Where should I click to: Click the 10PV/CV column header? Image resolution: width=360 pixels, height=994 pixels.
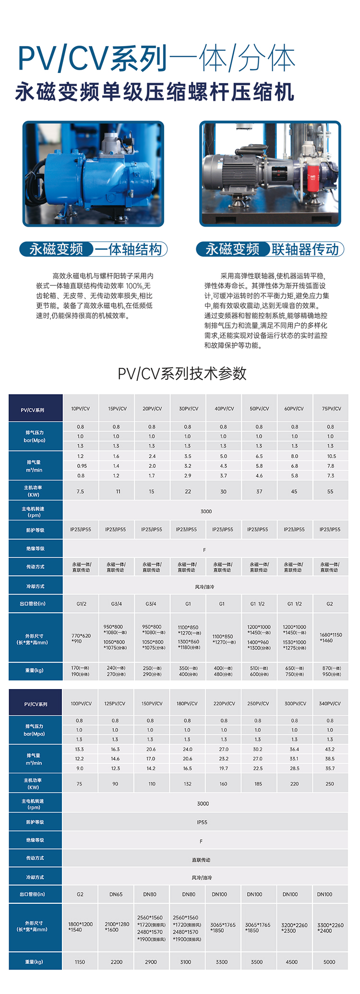80,409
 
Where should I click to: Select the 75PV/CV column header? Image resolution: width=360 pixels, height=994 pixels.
331,409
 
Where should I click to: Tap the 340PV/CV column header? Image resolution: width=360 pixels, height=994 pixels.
330,703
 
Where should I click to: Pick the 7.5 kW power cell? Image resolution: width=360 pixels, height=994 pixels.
80,491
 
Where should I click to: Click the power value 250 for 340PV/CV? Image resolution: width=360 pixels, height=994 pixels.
330,784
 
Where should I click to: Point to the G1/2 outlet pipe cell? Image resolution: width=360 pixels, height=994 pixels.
81,604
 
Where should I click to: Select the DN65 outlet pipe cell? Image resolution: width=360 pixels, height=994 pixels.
116,894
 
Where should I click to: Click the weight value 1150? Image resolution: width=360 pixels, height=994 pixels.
80,962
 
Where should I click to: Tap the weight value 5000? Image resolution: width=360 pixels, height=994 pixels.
329,962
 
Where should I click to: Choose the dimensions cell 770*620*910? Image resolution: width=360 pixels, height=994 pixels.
81,638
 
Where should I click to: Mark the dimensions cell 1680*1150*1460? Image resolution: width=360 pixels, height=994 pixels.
331,638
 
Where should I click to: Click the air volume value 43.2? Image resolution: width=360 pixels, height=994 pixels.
330,749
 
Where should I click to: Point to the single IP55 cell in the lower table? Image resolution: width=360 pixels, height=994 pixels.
202,822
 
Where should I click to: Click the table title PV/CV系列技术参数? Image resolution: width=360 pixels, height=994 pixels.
182,373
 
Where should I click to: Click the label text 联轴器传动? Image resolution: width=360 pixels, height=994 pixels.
305,249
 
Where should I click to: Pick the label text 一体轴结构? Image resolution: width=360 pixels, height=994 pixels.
128,249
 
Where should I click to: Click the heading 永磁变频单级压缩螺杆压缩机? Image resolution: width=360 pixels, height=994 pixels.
155,92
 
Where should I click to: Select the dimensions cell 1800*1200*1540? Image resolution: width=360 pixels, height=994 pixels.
80,927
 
